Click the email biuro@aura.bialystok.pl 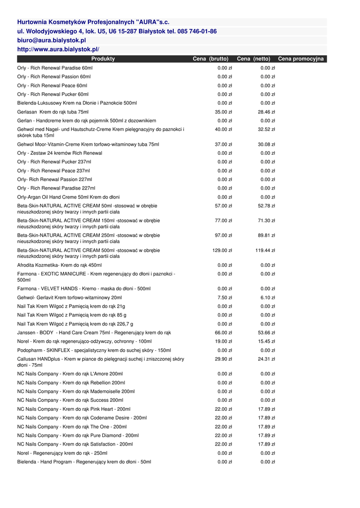[x=51, y=40]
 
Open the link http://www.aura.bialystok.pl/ [x=58, y=50]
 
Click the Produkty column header [x=103, y=59]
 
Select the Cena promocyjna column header [x=300, y=59]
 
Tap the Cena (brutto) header [x=211, y=59]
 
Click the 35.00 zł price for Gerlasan [x=223, y=112]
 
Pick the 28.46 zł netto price [x=266, y=112]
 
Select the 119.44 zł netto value [x=265, y=251]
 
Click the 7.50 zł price [x=224, y=298]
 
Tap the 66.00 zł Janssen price [x=223, y=333]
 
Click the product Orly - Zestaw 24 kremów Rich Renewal [x=60, y=153]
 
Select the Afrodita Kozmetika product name [x=59, y=265]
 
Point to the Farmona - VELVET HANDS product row [x=84, y=289]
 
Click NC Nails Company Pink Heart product [x=74, y=409]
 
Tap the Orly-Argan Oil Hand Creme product [x=68, y=197]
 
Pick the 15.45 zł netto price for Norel [x=266, y=342]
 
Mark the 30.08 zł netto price [x=266, y=144]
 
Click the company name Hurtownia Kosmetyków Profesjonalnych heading [x=93, y=22]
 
